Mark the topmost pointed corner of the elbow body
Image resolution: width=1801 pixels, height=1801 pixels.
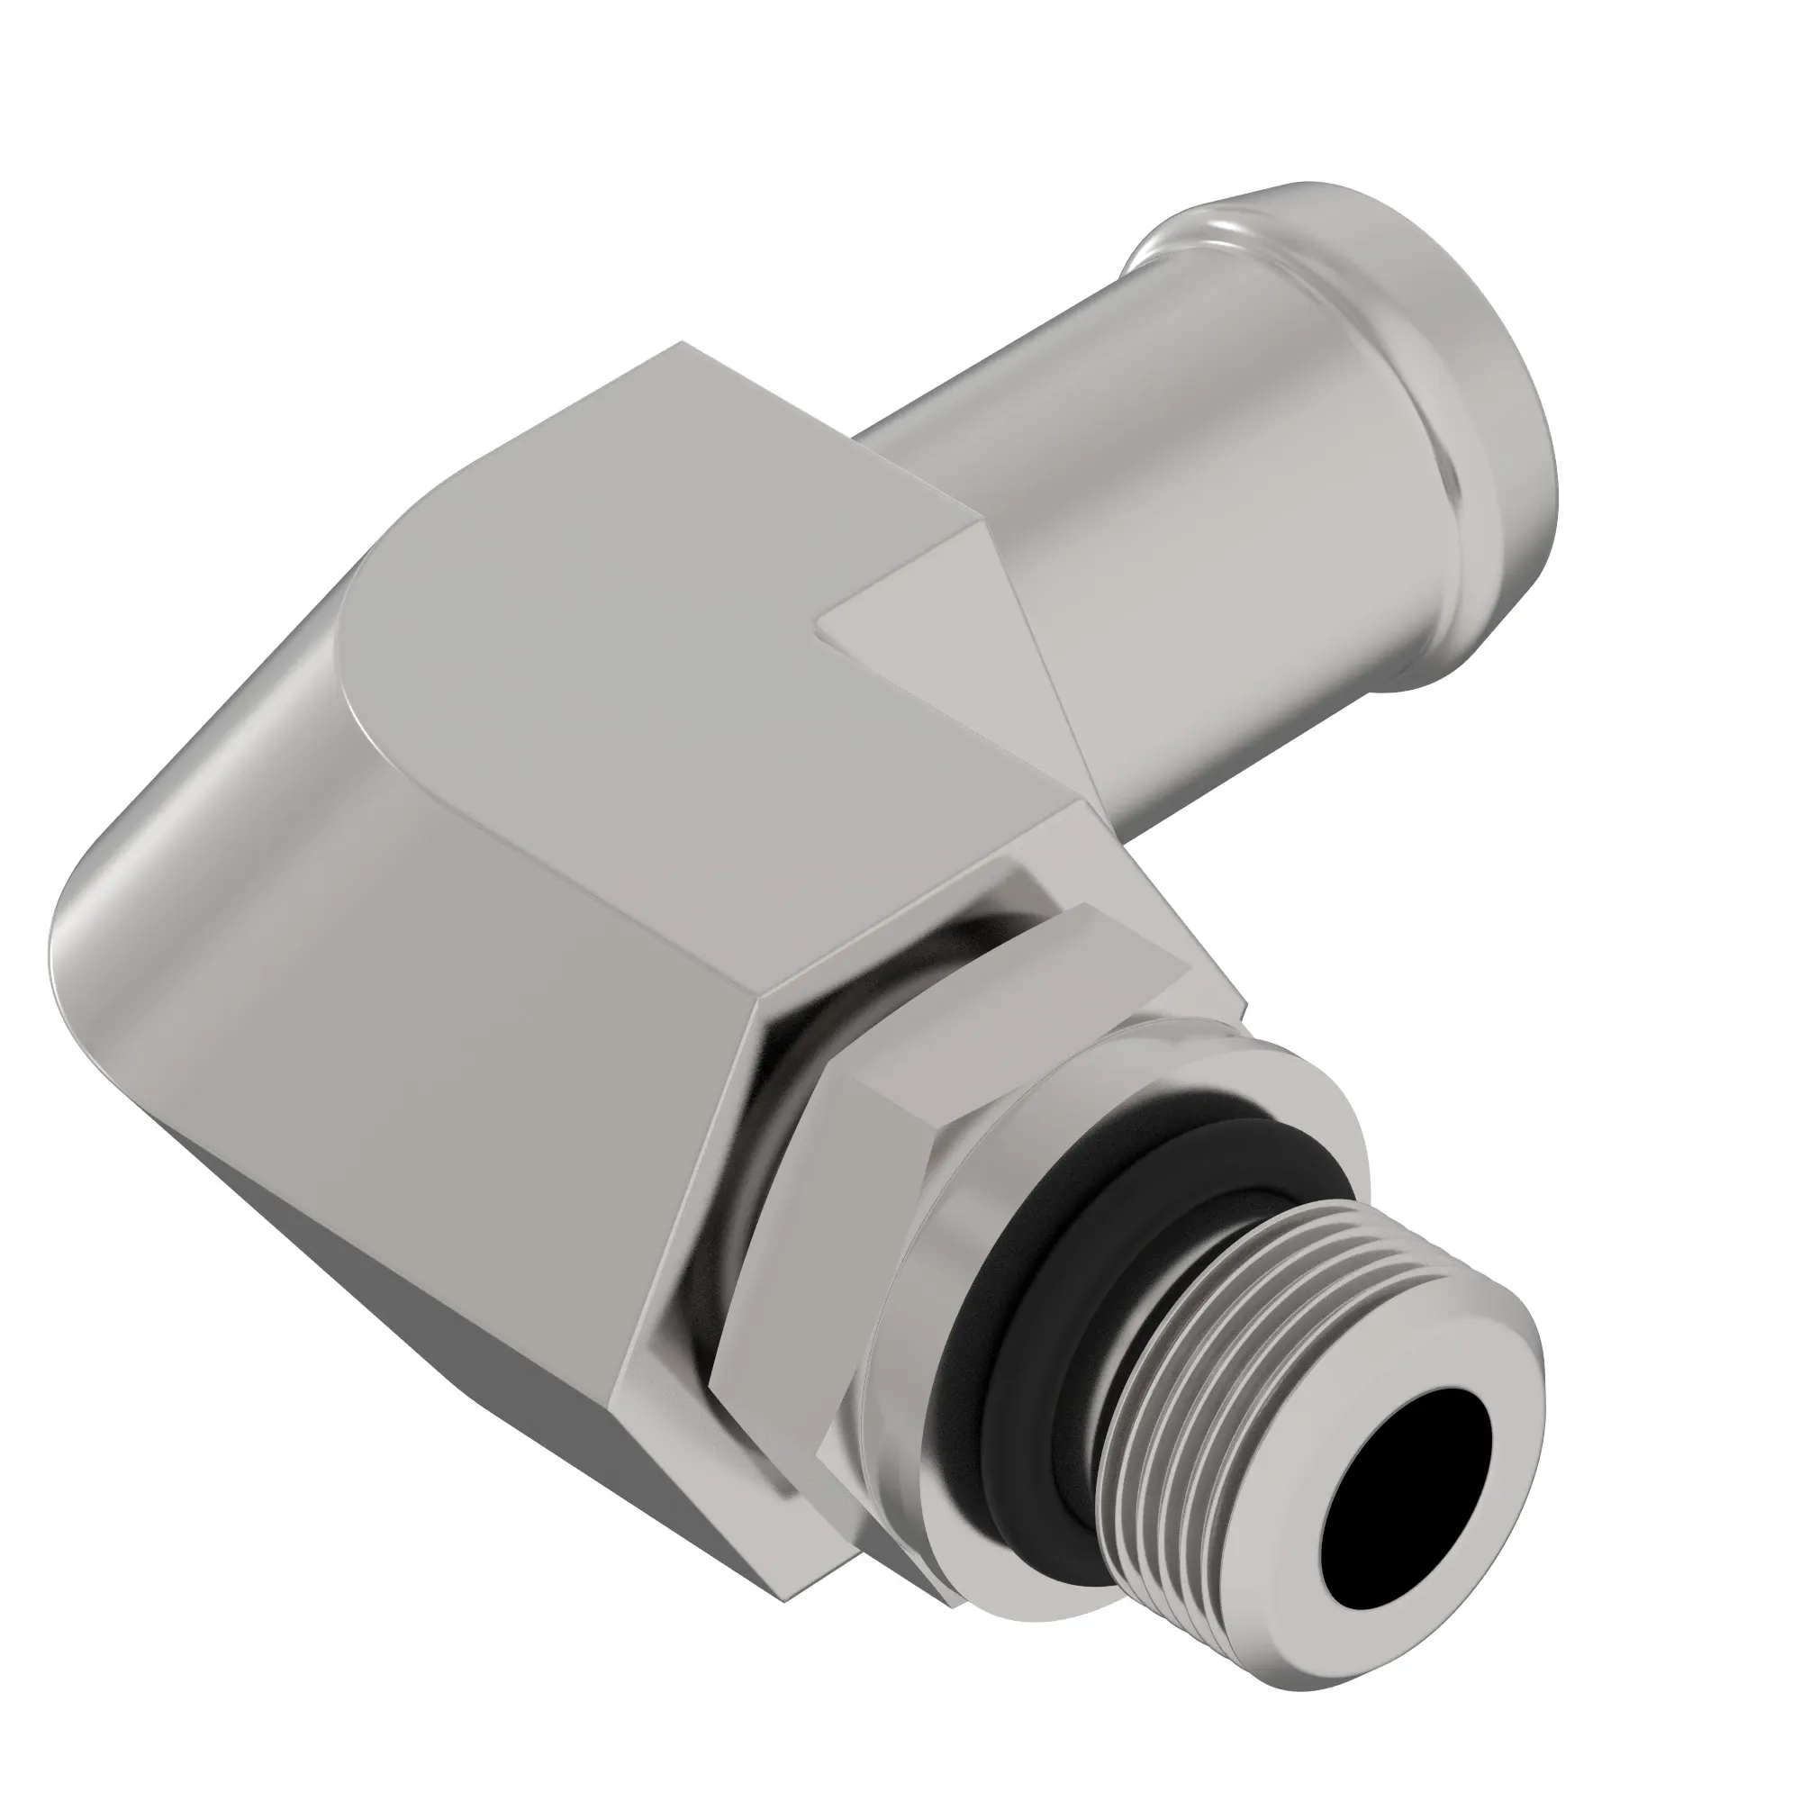pos(683,343)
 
